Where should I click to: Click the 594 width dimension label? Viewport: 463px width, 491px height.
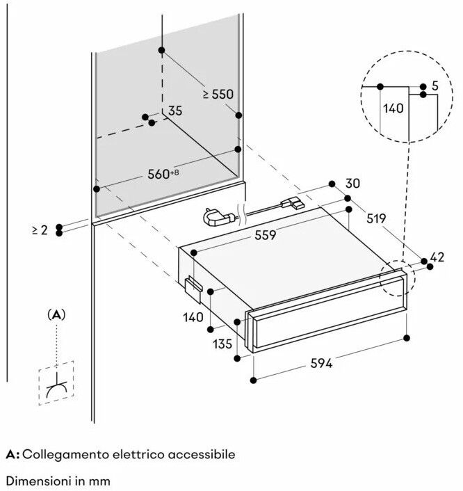point(321,363)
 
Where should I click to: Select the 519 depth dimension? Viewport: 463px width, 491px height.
point(377,218)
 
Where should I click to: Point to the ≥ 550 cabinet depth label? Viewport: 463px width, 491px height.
point(218,93)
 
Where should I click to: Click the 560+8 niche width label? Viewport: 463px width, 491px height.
point(164,174)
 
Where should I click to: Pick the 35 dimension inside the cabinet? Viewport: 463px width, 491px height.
point(174,111)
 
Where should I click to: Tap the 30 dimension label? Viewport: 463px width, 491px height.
point(353,184)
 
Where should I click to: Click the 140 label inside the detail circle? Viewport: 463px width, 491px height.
point(393,108)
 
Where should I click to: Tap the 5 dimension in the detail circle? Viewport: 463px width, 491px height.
point(434,86)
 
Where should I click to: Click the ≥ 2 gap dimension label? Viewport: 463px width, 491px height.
point(40,230)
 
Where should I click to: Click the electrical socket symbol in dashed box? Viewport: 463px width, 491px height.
point(56,387)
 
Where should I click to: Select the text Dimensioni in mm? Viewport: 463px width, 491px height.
point(58,481)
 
